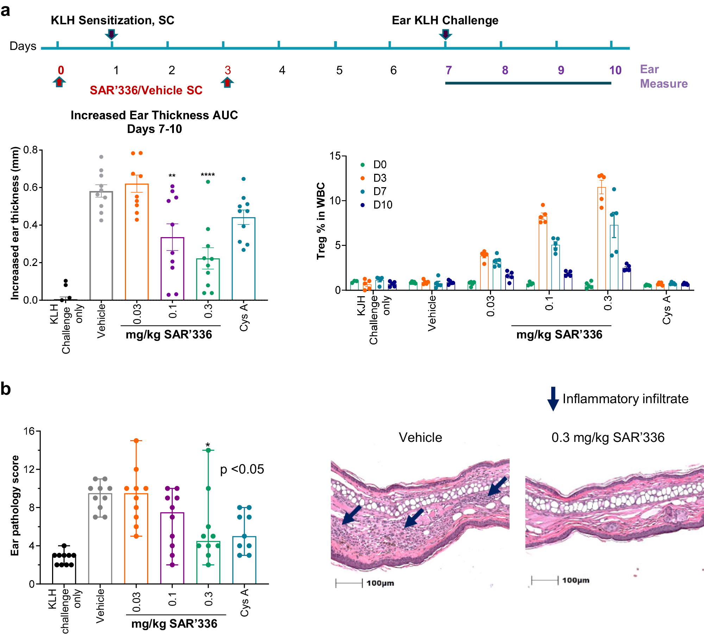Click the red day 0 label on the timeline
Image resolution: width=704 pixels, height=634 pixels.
coord(61,70)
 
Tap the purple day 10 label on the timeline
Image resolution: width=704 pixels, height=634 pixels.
coord(615,70)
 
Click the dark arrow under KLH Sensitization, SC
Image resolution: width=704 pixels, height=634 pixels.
coord(111,34)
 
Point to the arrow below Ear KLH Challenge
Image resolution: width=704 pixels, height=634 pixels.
coord(445,34)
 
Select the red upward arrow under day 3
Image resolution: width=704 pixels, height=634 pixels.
coord(227,82)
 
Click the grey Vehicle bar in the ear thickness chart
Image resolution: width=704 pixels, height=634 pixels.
coord(101,246)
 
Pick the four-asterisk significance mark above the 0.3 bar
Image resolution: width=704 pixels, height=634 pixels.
coord(208,175)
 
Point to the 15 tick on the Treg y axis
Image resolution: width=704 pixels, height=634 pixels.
coord(335,156)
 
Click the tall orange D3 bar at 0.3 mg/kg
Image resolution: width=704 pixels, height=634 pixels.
coord(602,239)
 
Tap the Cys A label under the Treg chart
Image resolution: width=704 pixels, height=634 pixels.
coord(667,310)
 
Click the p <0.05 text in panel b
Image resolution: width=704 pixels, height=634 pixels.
coord(242,469)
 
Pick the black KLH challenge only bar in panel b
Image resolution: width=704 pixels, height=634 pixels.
coord(64,570)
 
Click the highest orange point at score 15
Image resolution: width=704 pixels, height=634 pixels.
coord(136,440)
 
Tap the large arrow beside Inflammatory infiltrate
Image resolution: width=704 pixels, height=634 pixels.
coord(553,399)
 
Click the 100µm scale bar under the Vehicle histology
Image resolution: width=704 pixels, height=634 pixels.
coord(349,583)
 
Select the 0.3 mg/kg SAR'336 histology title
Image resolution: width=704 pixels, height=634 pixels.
coord(608,437)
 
